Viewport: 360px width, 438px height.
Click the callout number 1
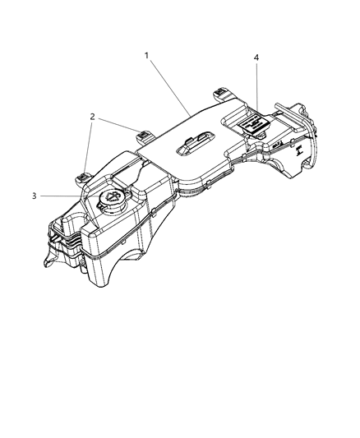click(146, 56)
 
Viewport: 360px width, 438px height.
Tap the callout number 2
click(93, 118)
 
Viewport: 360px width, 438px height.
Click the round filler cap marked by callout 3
click(108, 200)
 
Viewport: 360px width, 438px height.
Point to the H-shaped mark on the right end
click(302, 150)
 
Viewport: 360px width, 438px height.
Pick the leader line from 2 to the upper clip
click(119, 125)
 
